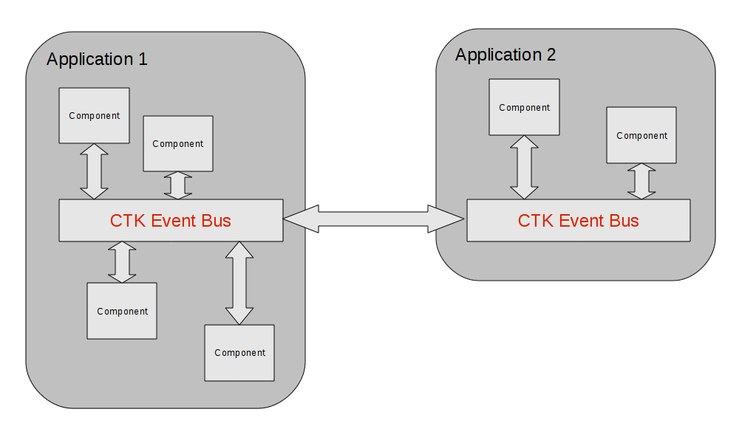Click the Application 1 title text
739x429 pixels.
97,59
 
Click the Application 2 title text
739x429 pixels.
505,55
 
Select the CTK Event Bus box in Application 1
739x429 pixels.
171,220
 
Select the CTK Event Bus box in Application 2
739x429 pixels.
578,220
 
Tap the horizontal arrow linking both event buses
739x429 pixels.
374,219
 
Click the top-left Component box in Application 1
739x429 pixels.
94,115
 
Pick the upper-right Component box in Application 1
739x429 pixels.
177,143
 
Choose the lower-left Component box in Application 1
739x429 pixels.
122,311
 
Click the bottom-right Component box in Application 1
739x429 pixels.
239,352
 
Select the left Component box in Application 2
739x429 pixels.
524,107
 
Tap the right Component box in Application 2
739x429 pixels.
641,135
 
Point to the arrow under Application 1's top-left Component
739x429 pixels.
94,171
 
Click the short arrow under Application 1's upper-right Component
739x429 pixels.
177,185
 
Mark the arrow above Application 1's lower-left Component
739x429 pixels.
122,262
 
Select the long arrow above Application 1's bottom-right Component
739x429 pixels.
239,283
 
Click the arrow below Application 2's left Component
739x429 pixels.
524,168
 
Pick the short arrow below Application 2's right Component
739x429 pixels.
641,182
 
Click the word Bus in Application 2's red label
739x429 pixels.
624,220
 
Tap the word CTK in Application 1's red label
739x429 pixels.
128,220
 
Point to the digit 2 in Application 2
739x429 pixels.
551,55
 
